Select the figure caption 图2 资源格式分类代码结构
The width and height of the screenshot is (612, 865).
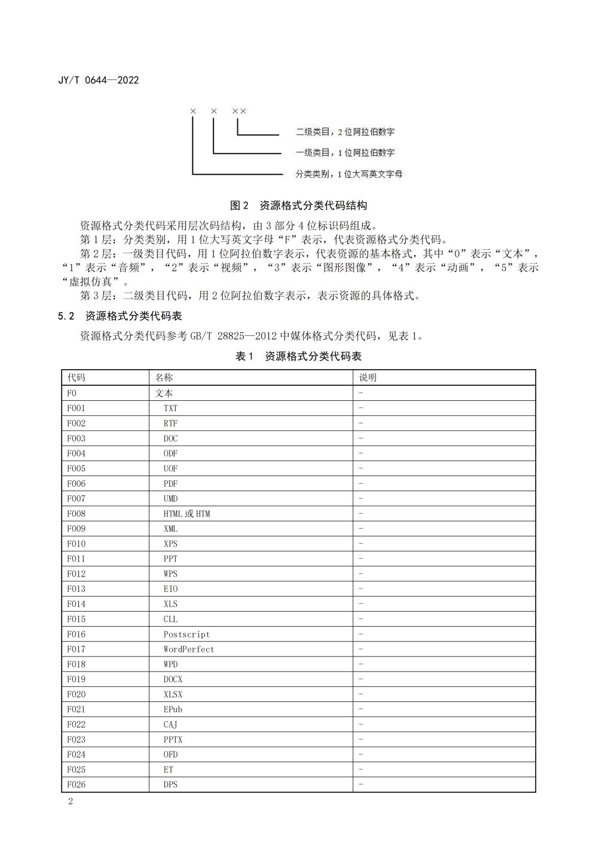[x=298, y=205]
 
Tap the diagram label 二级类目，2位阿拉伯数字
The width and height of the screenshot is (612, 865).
[x=345, y=131]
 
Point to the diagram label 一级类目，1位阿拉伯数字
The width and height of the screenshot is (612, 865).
[x=345, y=153]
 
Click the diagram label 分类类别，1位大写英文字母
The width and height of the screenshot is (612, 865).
[x=349, y=174]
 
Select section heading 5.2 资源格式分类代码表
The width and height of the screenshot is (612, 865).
[x=120, y=316]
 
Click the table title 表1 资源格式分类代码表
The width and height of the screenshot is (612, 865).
[x=298, y=357]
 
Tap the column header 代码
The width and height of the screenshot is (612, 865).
[x=76, y=378]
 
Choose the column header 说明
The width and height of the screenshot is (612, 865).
[x=368, y=378]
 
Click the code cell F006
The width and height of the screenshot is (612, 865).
[x=76, y=484]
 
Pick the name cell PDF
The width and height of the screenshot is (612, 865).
[x=170, y=484]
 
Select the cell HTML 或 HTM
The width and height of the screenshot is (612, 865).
[x=186, y=514]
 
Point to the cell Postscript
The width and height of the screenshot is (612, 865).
[x=186, y=634]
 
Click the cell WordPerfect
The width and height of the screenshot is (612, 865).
[x=189, y=649]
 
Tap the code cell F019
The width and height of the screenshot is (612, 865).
[x=76, y=679]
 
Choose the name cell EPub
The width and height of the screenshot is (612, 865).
[x=173, y=710]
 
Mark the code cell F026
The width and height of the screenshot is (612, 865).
[x=76, y=785]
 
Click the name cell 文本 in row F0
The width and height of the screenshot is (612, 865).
[x=164, y=393]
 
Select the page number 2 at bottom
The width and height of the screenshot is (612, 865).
[x=71, y=802]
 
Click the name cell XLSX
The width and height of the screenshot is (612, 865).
[x=173, y=695]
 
